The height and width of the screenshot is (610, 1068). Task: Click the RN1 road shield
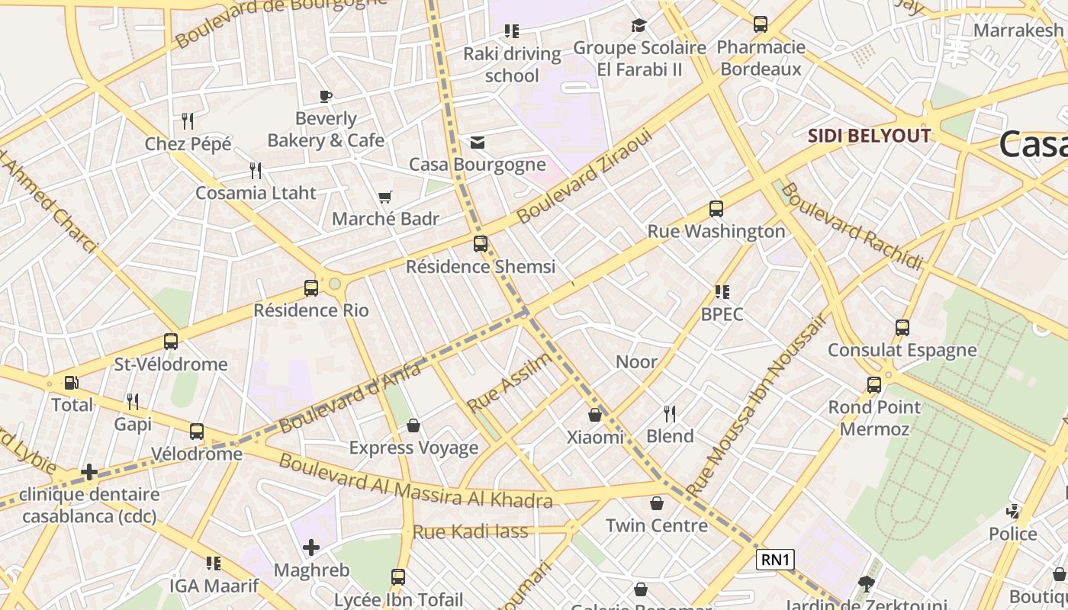coord(775,560)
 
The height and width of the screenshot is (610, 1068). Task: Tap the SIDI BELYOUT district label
coord(869,136)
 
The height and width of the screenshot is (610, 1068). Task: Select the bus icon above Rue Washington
coord(716,209)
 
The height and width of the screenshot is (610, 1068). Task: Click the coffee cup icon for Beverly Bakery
coord(326,96)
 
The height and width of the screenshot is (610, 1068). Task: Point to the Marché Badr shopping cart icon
coord(385,197)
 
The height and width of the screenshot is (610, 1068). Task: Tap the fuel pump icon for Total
coord(71,383)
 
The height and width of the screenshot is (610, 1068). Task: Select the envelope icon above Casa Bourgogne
coord(478,143)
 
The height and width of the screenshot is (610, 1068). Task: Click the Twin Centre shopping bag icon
coord(656,503)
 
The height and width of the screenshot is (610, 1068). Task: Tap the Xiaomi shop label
coord(595,437)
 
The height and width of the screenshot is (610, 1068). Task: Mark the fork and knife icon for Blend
coord(670,414)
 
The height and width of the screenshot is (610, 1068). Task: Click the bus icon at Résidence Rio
coord(310,288)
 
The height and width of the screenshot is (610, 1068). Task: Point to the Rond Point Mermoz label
coord(874,418)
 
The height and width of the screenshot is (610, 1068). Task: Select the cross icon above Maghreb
coord(310,547)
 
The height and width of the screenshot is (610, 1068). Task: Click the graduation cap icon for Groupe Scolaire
coord(639,26)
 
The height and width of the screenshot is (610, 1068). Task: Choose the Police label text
coord(1012,534)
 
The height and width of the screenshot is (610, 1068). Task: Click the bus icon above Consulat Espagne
coord(902,328)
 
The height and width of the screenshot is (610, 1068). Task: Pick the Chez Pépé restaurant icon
coord(188,120)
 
